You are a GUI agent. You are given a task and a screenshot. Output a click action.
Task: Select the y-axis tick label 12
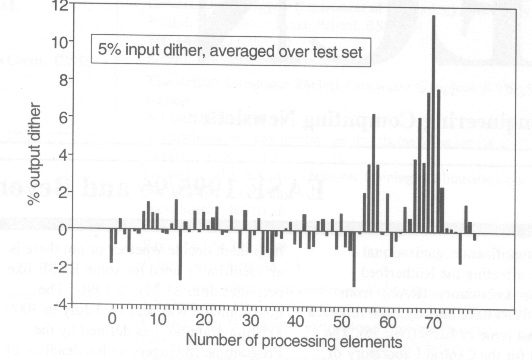(56, 5)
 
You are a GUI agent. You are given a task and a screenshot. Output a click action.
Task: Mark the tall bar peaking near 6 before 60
(374, 173)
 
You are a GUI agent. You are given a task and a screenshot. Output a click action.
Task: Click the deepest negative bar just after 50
(354, 260)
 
